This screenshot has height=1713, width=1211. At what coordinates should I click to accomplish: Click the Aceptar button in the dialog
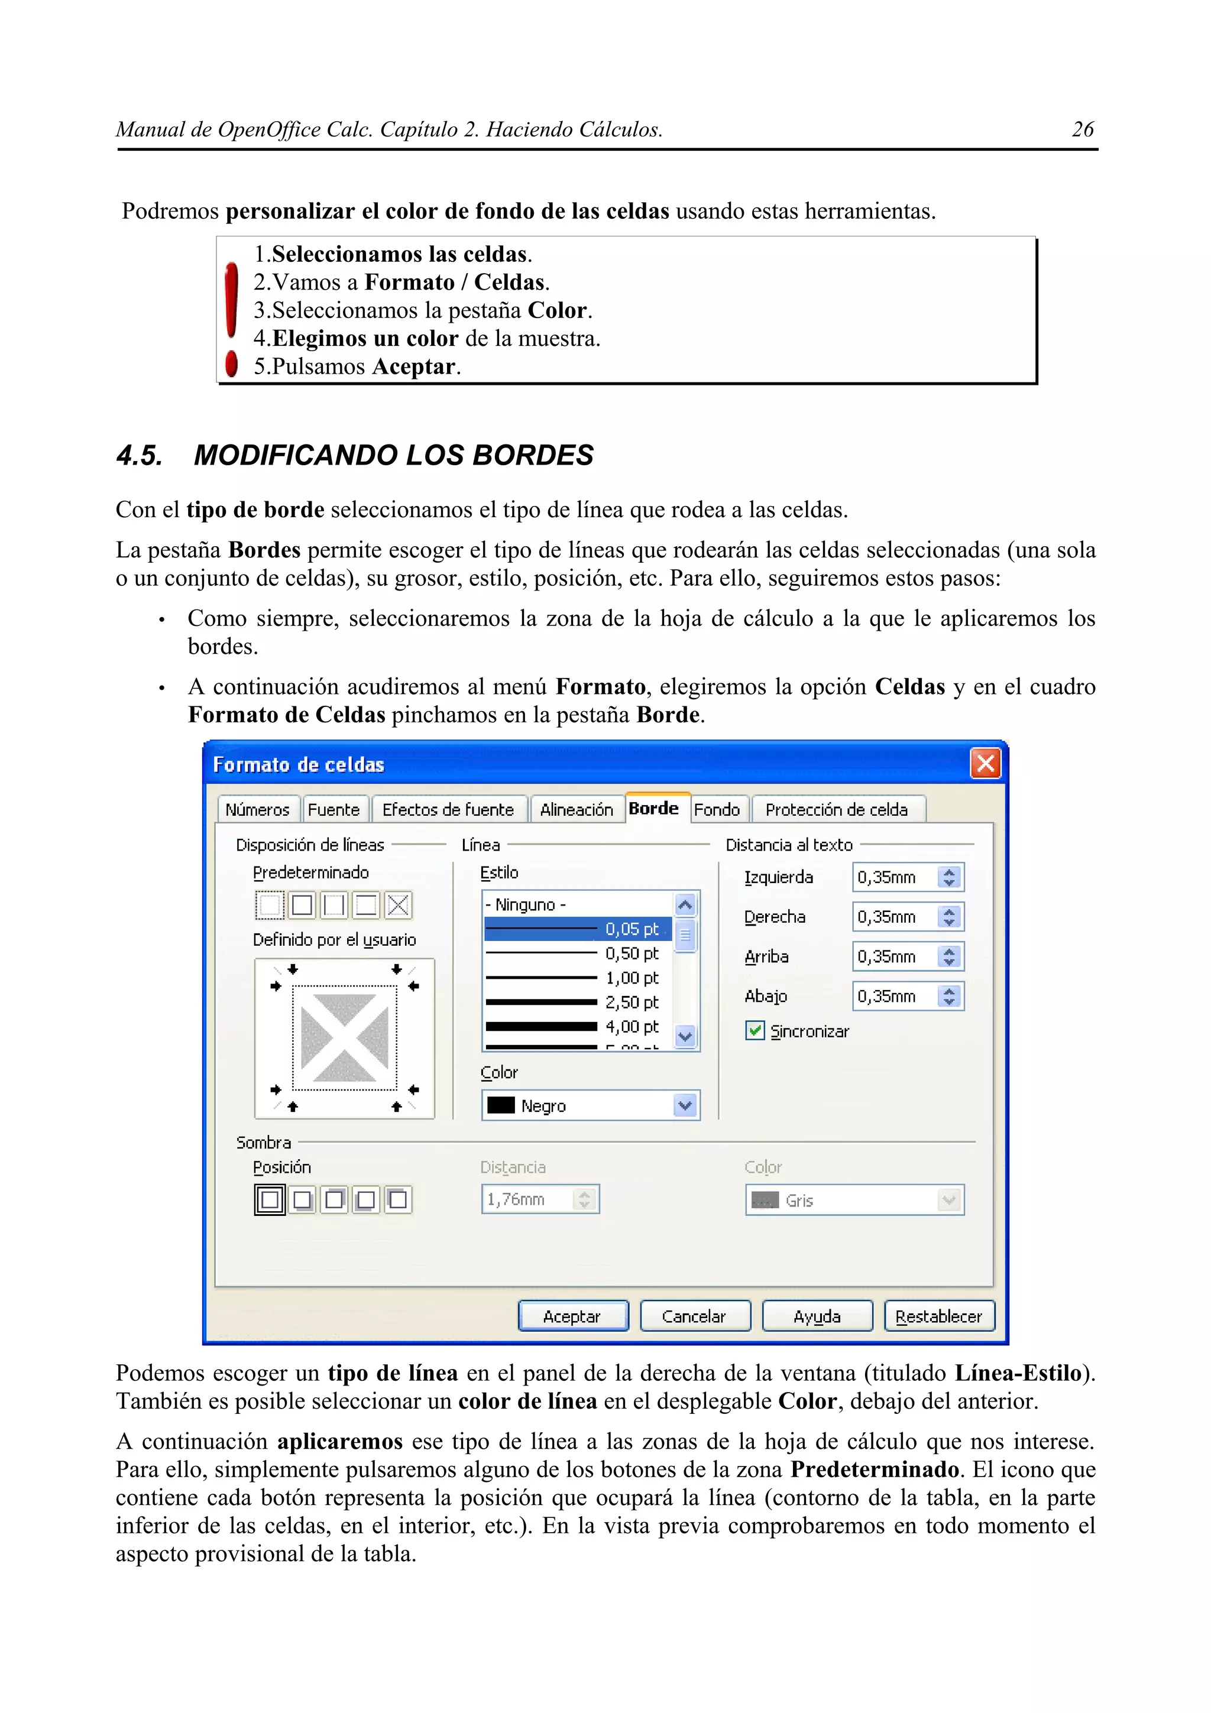tap(572, 1316)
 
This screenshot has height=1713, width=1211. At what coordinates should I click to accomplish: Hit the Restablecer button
tap(938, 1316)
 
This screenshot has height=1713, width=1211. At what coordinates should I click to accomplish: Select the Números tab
tap(257, 809)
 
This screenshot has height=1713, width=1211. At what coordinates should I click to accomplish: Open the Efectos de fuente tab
tap(448, 809)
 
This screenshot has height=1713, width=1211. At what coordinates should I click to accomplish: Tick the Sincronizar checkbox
tap(755, 1031)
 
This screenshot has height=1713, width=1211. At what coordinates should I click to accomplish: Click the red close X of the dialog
tap(985, 763)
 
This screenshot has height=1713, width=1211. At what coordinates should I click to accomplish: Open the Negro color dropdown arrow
tap(685, 1106)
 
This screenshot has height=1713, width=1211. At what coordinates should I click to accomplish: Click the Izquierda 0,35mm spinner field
tap(894, 877)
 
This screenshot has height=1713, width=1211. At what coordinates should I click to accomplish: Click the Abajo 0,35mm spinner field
tap(894, 996)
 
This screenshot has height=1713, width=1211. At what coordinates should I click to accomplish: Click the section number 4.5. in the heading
tap(140, 455)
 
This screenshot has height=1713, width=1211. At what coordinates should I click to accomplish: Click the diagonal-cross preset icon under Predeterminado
tap(398, 905)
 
